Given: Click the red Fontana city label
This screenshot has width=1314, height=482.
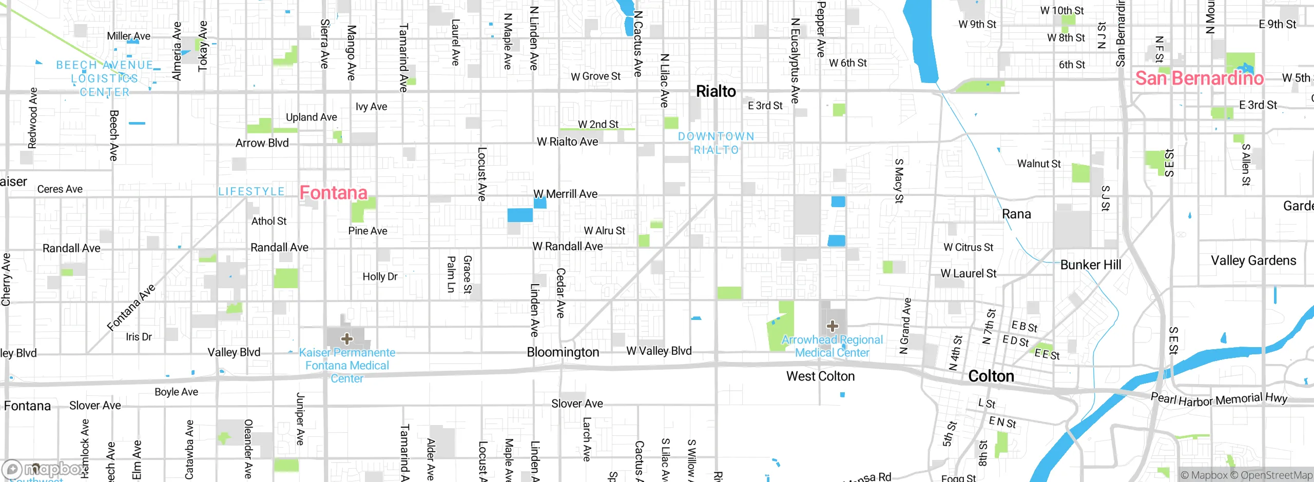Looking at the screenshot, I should pos(333,193).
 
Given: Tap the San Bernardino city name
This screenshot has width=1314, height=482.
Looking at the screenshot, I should pos(1199,78).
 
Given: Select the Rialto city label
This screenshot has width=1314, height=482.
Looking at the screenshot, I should pos(716,91).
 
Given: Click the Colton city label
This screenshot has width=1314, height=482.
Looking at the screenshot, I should pos(991,376).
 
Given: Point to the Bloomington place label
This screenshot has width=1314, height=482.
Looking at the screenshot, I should pos(563,352).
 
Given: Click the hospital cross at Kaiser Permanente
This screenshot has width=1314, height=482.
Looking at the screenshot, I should pos(347,338).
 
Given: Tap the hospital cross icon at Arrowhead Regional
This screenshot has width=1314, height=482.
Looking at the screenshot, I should pos(832,326).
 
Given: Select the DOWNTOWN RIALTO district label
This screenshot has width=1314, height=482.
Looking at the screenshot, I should pos(716,143).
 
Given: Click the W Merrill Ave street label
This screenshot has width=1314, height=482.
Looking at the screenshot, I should pos(565,194).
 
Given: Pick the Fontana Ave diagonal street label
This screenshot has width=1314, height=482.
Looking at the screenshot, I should pos(131,308).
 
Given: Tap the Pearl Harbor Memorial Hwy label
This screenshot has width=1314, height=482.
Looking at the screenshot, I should pos(1219,399).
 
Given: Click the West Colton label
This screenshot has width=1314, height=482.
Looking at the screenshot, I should pos(820,376).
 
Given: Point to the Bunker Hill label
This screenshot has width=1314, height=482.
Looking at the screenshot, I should pos(1090,265).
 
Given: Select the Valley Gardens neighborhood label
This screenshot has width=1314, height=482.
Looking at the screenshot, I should pos(1253,260).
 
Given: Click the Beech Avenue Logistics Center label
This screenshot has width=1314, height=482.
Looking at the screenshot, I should pos(105,78).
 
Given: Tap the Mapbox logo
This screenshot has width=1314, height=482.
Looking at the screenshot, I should pos(44,469).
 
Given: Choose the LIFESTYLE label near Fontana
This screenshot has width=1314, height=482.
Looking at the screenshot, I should pos(251,191).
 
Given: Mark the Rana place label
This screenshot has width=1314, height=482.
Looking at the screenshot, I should pos(1016,214).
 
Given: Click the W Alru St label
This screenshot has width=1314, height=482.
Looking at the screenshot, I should pos(604,231).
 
